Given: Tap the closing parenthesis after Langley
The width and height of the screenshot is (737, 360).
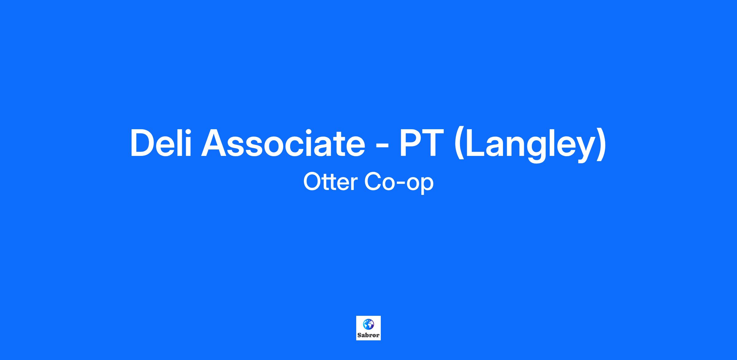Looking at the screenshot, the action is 602,144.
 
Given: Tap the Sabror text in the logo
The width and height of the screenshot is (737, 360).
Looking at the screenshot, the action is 368,335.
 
